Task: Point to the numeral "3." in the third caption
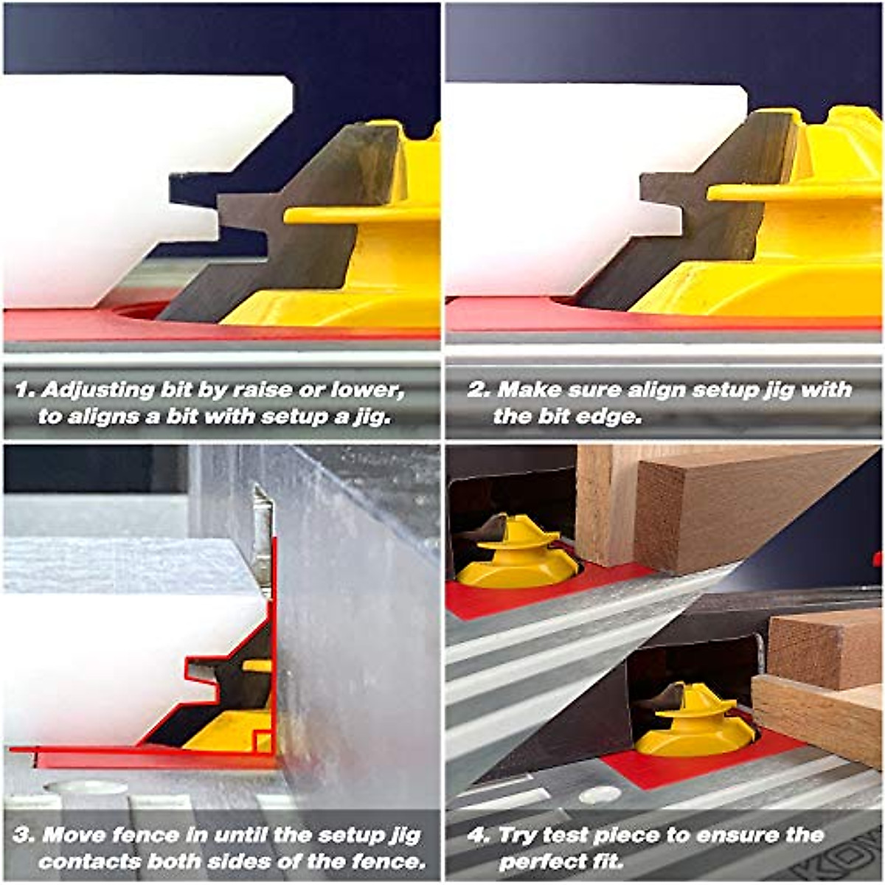24,836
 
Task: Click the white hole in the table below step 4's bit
600,795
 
